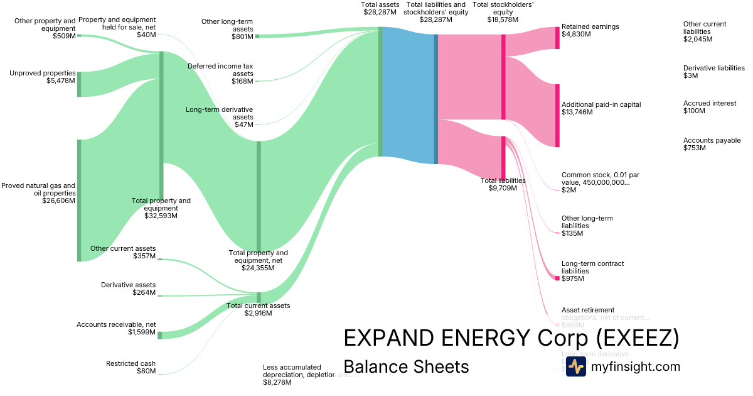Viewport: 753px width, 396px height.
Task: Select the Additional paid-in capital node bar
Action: click(557, 116)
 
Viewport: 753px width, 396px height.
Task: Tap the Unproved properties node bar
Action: click(79, 84)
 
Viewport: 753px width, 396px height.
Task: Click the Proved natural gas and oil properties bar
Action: click(79, 200)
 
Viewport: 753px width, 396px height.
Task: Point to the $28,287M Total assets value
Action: click(380, 12)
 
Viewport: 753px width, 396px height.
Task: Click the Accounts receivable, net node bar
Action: click(159, 335)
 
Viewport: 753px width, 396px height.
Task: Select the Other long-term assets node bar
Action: click(257, 36)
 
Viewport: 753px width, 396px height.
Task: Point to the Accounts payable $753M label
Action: click(703, 144)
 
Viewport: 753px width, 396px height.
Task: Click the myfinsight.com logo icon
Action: click(575, 366)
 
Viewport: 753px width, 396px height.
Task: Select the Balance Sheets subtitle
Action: click(406, 366)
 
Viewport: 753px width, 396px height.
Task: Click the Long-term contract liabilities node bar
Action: click(557, 278)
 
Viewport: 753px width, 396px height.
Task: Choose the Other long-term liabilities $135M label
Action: click(587, 226)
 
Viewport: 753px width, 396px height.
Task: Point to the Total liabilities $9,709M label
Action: click(503, 184)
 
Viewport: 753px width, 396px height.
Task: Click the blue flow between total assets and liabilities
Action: click(408, 94)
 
